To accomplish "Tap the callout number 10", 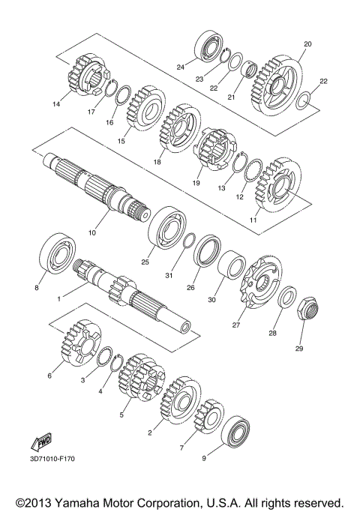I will (x=92, y=233).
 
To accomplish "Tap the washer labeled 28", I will (x=286, y=298).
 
